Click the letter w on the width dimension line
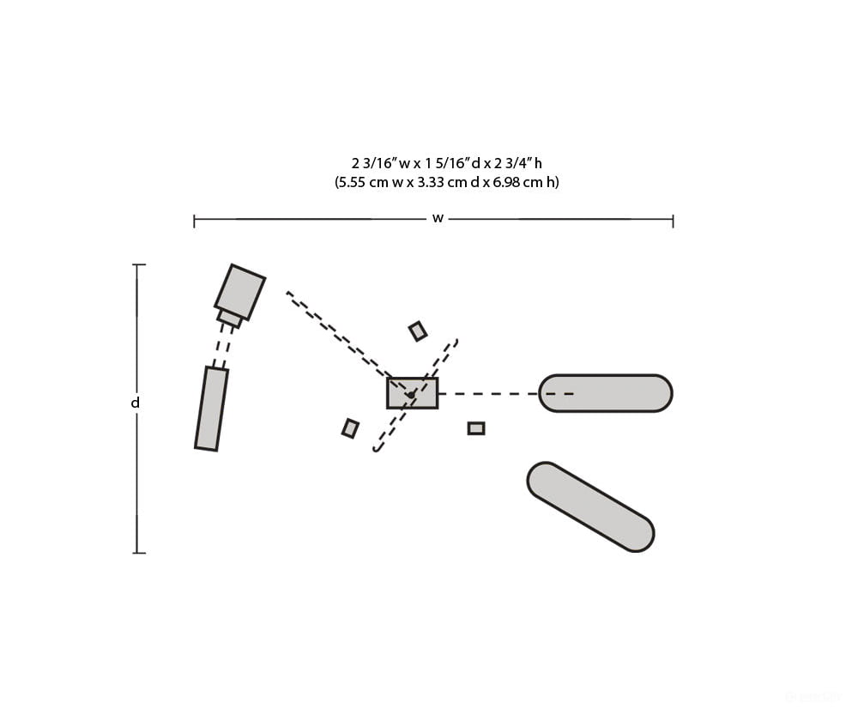click(438, 218)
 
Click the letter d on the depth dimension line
click(136, 403)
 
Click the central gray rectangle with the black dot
click(413, 393)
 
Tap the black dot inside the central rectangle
click(410, 394)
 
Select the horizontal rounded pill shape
click(605, 393)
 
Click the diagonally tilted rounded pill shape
click(590, 507)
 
